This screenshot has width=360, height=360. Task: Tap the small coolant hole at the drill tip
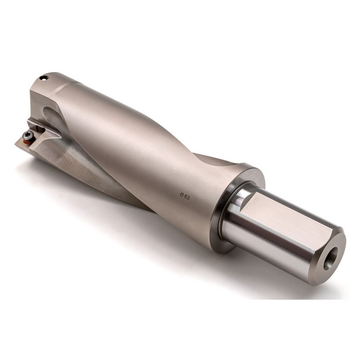click(x=44, y=78)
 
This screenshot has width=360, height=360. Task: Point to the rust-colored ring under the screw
click(x=28, y=140)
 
